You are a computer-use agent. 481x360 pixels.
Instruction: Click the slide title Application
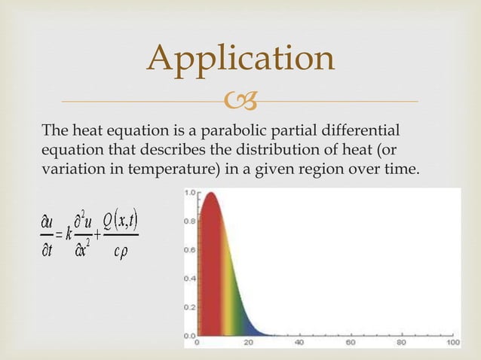(240, 58)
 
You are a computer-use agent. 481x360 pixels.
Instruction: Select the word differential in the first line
(366, 129)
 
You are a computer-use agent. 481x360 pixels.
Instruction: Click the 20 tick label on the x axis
(248, 343)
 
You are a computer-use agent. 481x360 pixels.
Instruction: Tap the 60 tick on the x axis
(351, 343)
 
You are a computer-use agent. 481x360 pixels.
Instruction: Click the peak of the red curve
(211, 194)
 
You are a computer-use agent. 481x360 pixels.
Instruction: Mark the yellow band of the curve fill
(231, 301)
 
